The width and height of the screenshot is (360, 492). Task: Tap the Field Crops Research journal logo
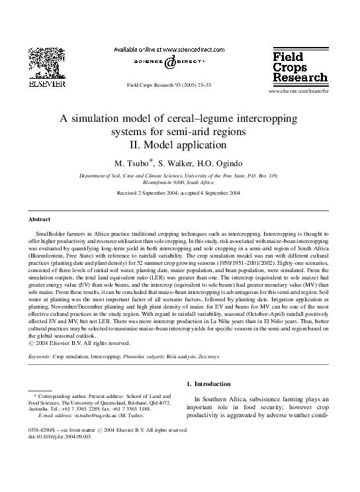[295, 69]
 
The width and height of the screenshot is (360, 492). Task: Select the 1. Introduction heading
[208, 383]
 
